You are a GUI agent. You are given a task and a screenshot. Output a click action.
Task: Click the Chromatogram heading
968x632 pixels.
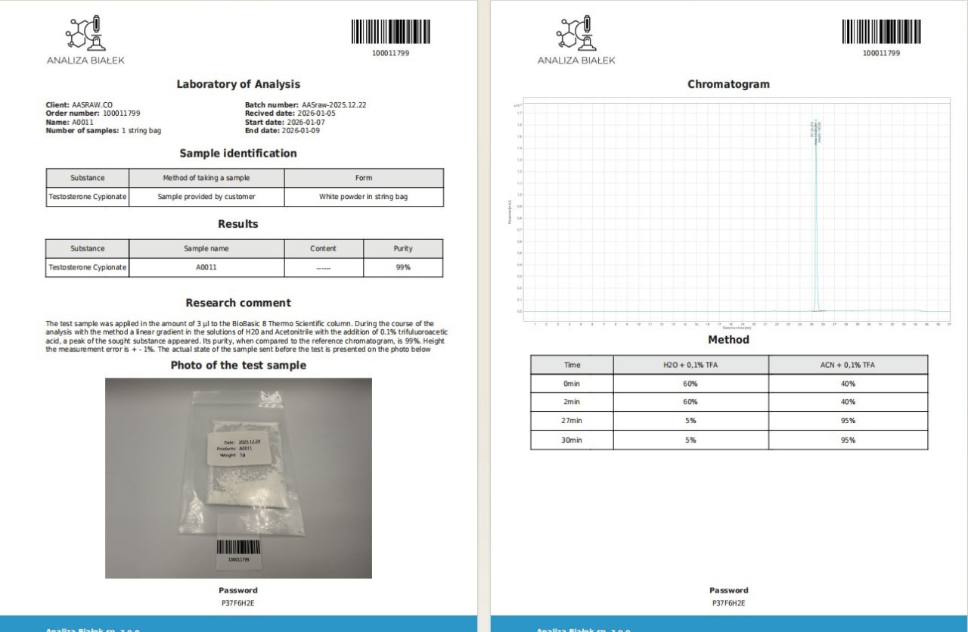[728, 84]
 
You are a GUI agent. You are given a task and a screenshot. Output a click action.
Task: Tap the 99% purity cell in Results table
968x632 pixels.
[403, 267]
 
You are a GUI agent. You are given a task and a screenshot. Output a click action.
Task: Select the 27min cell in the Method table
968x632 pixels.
[572, 421]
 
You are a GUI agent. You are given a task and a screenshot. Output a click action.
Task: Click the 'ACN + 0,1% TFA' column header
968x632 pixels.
[848, 365]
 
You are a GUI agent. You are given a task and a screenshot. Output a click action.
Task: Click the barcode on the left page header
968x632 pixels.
[390, 32]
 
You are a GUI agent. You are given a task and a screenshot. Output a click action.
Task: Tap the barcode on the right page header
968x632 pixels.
[881, 32]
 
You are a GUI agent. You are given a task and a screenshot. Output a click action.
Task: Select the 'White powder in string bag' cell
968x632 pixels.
[363, 197]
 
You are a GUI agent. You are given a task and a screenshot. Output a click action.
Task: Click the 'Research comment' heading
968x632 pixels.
[238, 303]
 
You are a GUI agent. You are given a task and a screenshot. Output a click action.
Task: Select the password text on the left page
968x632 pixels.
[238, 603]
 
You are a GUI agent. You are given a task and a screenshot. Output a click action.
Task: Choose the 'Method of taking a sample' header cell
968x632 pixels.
[206, 178]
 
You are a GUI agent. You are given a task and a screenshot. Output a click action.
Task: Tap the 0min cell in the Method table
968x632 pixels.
[572, 384]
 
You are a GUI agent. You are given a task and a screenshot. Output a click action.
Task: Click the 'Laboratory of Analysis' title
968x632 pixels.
[238, 84]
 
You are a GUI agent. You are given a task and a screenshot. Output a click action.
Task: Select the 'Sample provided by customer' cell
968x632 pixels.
[206, 197]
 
